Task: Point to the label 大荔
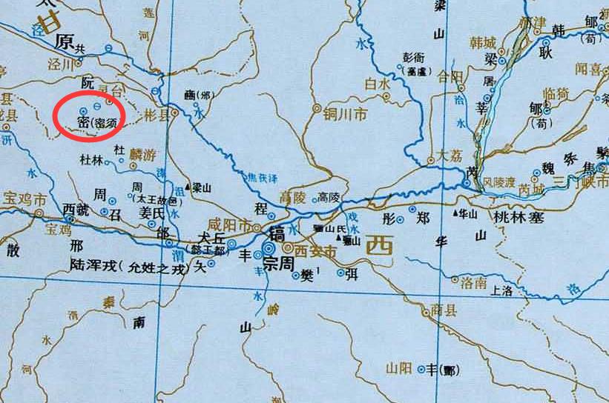[x=450, y=156]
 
